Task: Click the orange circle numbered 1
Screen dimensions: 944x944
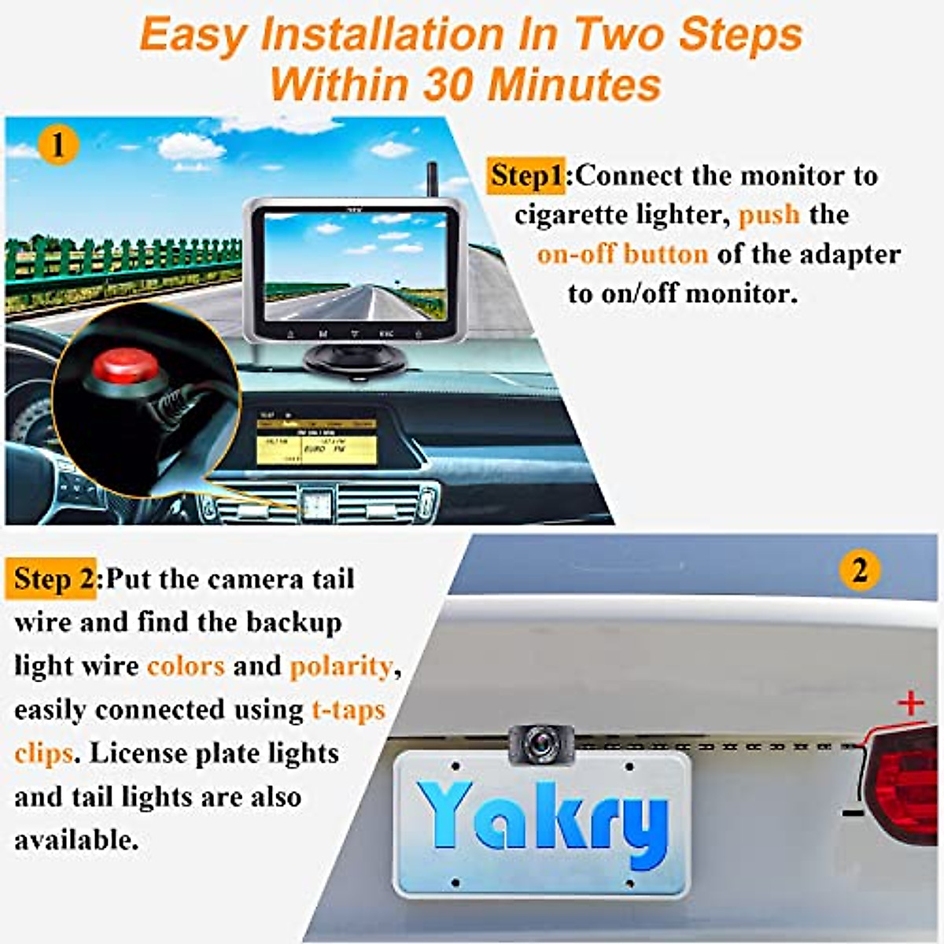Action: coord(57,145)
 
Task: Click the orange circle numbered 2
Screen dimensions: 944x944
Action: coord(859,569)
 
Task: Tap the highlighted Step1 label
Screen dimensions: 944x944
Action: coord(526,175)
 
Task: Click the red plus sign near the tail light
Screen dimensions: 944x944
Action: coord(911,702)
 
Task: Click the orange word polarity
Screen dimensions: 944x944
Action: coord(341,666)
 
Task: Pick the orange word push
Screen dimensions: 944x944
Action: coord(769,215)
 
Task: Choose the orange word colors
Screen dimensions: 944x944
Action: coord(186,666)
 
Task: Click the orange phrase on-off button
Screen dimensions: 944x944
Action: coord(621,254)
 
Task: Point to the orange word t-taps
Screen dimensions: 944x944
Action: coord(348,710)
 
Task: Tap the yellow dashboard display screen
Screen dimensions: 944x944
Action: coord(316,442)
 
